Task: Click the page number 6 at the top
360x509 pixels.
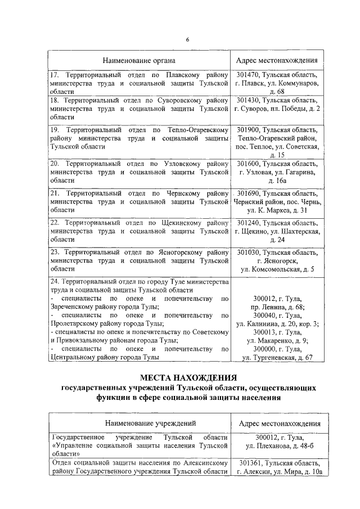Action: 187,38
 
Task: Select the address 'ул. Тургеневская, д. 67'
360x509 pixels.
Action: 277,358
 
